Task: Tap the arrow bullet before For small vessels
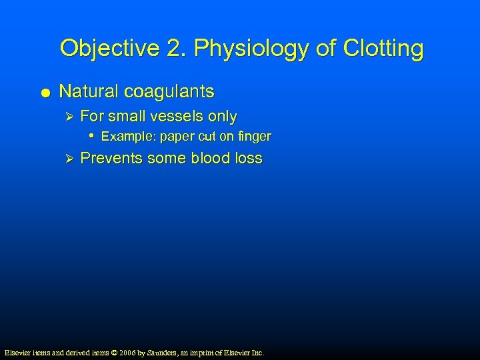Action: [x=66, y=117]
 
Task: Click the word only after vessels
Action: [x=223, y=117]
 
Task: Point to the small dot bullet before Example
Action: [x=91, y=136]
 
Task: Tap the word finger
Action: [x=255, y=137]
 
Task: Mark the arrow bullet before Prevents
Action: [x=66, y=159]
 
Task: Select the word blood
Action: [x=211, y=159]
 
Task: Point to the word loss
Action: [x=249, y=159]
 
